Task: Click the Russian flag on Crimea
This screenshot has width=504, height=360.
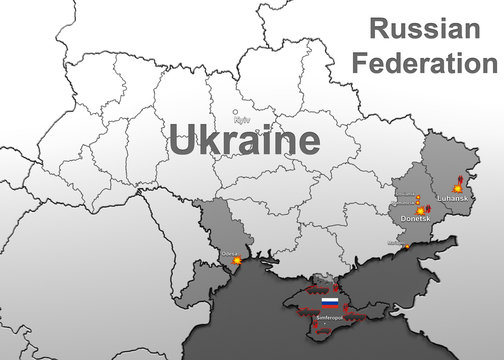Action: click(x=329, y=301)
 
